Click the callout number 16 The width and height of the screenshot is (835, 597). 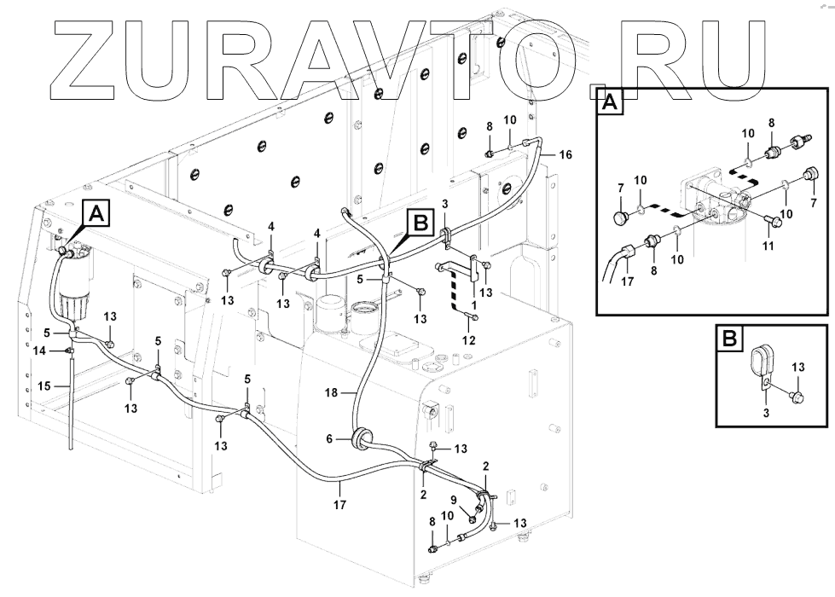(566, 154)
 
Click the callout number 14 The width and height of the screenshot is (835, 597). (39, 350)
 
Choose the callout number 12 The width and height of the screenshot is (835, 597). (469, 339)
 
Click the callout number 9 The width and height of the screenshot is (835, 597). (454, 501)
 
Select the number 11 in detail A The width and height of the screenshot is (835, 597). (768, 246)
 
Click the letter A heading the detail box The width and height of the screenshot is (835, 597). (610, 102)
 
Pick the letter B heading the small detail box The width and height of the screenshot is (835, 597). (729, 339)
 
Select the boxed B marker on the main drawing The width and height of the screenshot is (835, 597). (420, 223)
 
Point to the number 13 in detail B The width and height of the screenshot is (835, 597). (797, 367)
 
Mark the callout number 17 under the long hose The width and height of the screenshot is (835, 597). (339, 504)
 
